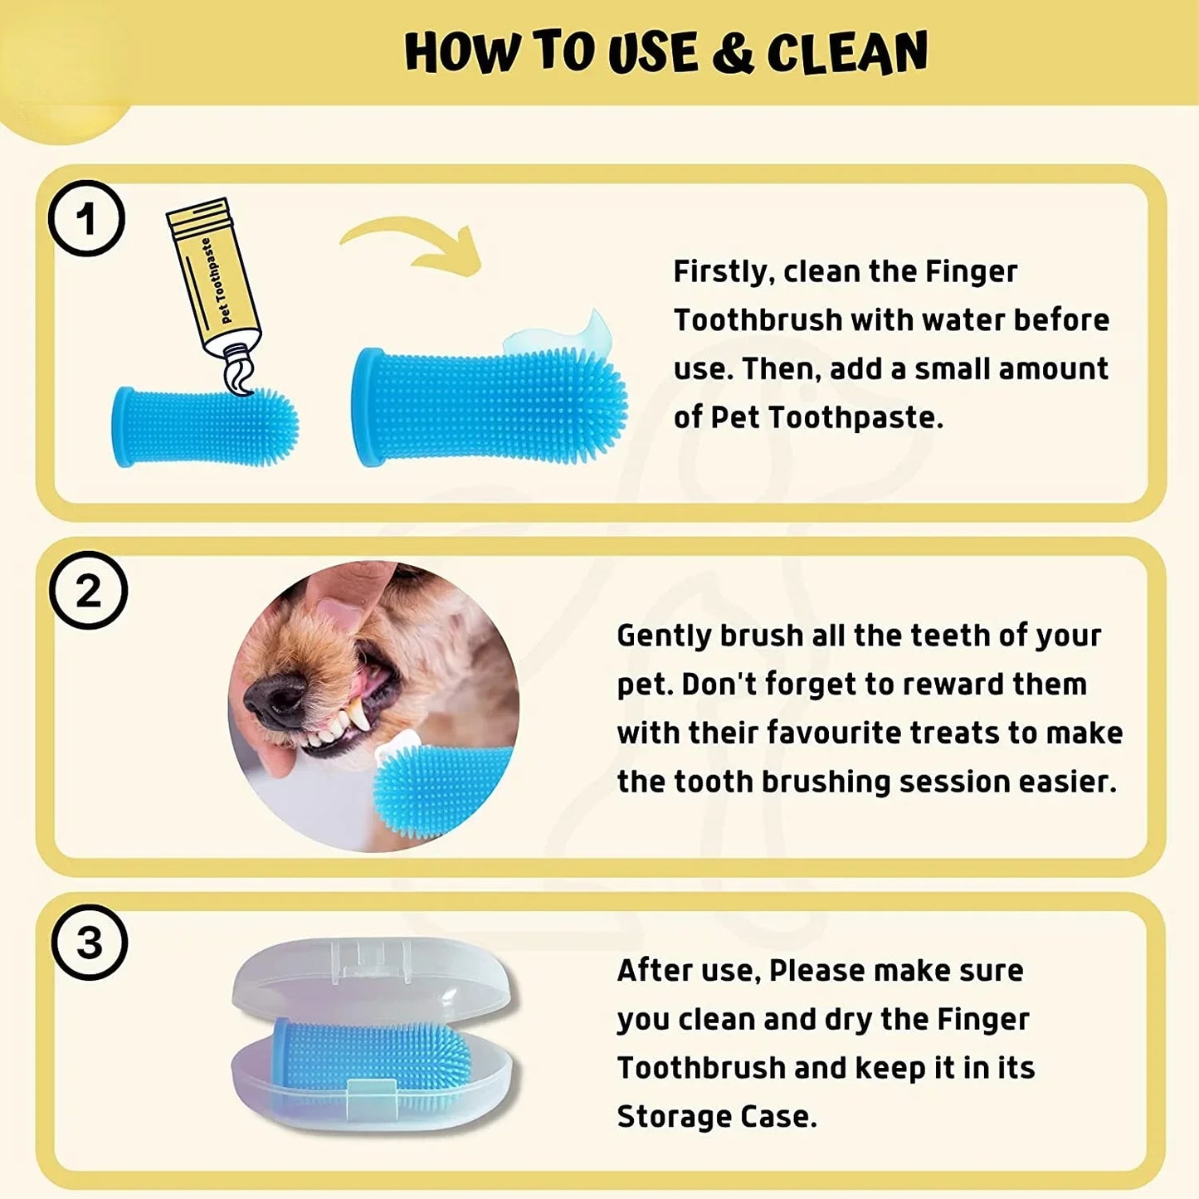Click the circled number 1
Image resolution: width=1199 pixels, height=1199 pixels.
[x=86, y=219]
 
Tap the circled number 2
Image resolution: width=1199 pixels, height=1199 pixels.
[x=88, y=590]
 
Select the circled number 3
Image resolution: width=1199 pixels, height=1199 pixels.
[x=89, y=943]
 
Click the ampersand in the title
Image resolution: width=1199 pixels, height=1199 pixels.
[x=732, y=53]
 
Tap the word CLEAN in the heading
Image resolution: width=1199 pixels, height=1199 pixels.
[x=846, y=53]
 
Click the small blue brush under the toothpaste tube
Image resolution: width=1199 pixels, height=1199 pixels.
[x=204, y=426]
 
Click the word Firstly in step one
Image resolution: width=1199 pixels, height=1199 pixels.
[x=719, y=272]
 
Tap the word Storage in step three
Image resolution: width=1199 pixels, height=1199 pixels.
[x=673, y=1117]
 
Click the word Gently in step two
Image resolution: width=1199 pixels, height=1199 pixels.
[x=664, y=636]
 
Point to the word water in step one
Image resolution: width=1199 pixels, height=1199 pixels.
[x=963, y=320]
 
